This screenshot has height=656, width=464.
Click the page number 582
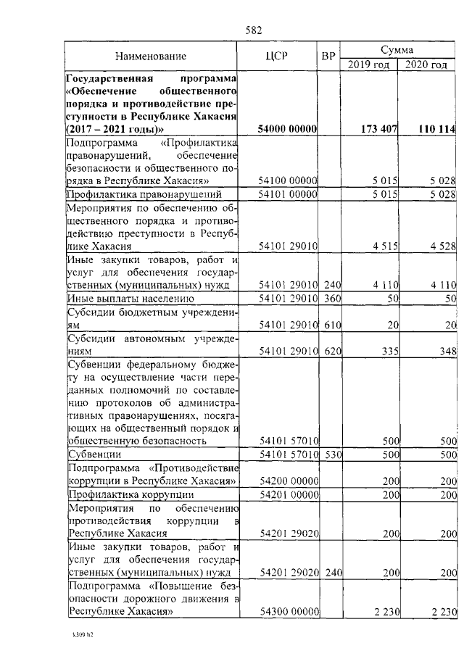point(254,30)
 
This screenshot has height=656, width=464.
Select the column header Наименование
point(151,56)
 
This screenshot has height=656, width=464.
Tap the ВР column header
point(328,56)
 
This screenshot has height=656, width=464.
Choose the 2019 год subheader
point(369,65)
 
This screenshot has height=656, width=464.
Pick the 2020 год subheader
point(426,65)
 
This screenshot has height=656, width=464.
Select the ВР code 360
point(332,299)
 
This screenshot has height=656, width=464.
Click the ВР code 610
point(332,325)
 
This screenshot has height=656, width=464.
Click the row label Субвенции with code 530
point(94,455)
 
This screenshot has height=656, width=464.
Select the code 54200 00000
point(289,481)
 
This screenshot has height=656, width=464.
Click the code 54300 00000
point(289,612)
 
